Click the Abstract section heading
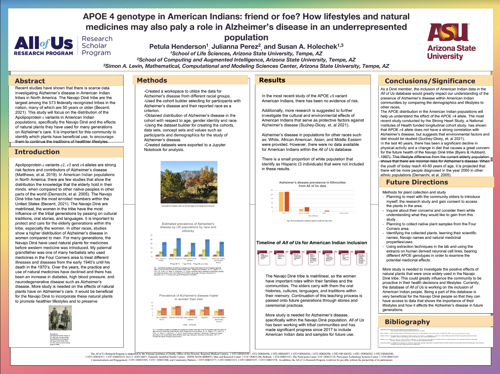[30, 81]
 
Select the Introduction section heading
[37, 152]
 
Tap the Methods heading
[152, 80]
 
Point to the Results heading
[272, 80]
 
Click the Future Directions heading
[417, 182]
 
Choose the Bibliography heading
[407, 322]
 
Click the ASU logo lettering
[448, 33]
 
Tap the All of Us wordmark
[44, 44]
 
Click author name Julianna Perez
[236, 46]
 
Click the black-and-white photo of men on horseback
[60, 318]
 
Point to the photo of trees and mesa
[189, 182]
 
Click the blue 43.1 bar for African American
[178, 247]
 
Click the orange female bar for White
[287, 202]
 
